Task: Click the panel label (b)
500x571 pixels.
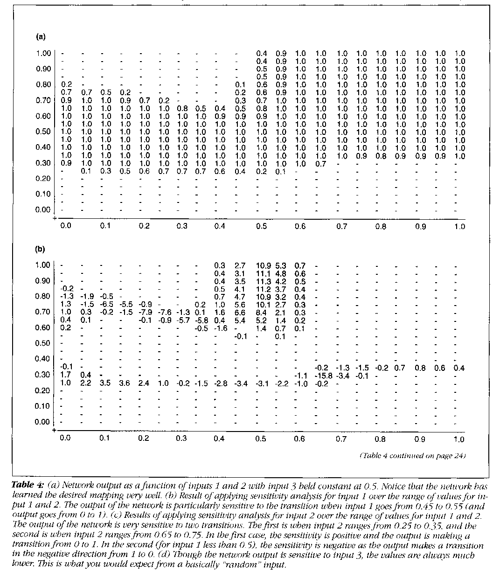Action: point(41,249)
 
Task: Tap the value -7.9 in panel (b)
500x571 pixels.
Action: point(145,312)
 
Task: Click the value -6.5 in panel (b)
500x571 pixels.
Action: point(106,304)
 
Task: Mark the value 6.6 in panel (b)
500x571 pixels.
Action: point(240,312)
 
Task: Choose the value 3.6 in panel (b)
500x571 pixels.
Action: point(125,383)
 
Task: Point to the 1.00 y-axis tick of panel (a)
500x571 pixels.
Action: point(43,53)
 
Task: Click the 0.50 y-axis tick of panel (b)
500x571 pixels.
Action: point(43,343)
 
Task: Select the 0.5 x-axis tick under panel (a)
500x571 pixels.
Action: point(262,227)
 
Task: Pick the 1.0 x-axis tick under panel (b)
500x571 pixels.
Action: point(459,439)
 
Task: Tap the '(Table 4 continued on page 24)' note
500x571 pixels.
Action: point(412,455)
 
